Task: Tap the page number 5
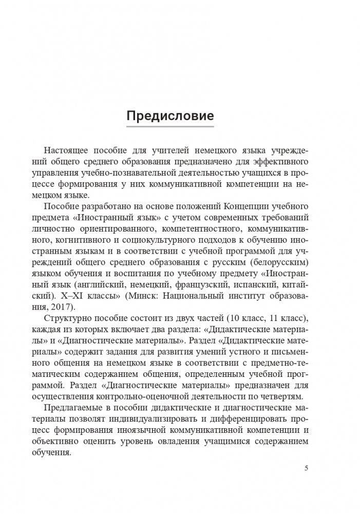point(307,468)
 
